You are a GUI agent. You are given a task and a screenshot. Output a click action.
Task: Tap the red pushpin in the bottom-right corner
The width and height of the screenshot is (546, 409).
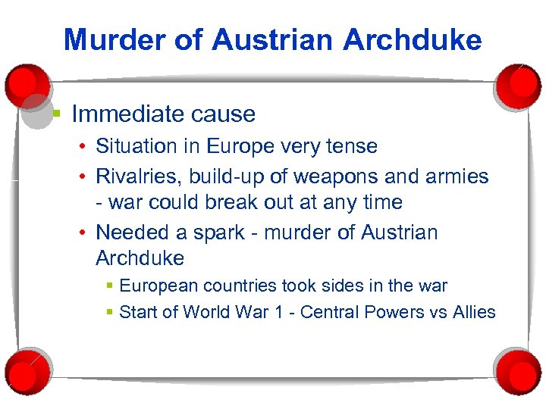pos(519,369)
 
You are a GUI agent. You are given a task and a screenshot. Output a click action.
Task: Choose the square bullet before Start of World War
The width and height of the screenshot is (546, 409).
pos(111,312)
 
